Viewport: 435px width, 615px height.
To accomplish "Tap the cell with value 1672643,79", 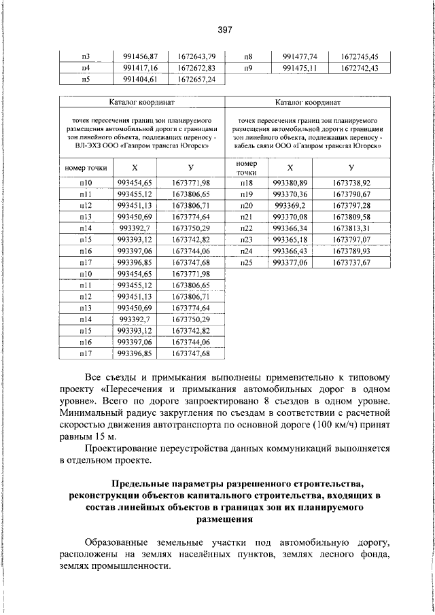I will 191,56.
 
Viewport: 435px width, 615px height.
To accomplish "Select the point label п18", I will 247,183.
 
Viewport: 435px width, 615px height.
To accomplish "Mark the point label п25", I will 247,262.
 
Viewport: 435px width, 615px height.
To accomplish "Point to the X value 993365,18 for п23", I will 290,239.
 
